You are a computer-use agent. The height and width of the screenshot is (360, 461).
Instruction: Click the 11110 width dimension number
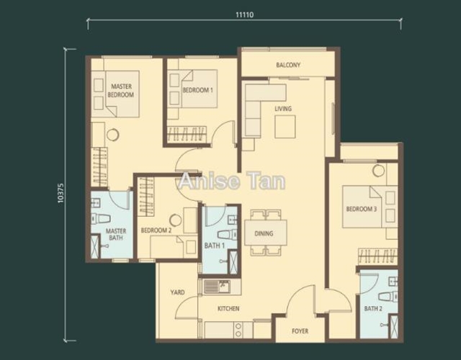244,14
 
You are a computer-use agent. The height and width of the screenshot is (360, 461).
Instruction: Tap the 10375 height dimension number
61,194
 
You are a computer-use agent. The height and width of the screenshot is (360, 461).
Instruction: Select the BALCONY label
288,65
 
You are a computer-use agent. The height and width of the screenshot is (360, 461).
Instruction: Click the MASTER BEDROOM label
121,91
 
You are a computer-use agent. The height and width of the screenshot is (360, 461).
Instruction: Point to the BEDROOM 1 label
197,90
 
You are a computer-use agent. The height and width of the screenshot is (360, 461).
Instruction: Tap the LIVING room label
283,109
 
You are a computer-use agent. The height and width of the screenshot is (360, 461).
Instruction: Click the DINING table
266,233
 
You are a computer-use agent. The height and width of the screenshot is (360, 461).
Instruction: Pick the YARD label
177,292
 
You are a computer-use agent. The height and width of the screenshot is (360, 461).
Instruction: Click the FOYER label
300,331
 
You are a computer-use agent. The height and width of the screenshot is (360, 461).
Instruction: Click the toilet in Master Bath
101,219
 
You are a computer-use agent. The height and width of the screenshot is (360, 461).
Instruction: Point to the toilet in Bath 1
227,234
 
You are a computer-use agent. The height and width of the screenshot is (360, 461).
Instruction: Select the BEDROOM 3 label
362,210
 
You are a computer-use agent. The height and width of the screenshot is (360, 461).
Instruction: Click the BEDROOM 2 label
156,230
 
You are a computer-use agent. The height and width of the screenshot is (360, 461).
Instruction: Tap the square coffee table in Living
285,127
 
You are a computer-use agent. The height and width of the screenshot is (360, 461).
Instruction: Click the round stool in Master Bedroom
112,135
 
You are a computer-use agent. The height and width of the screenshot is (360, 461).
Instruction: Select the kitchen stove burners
238,330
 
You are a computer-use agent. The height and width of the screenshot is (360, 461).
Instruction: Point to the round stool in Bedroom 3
378,171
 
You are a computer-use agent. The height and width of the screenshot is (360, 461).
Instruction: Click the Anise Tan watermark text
232,181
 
